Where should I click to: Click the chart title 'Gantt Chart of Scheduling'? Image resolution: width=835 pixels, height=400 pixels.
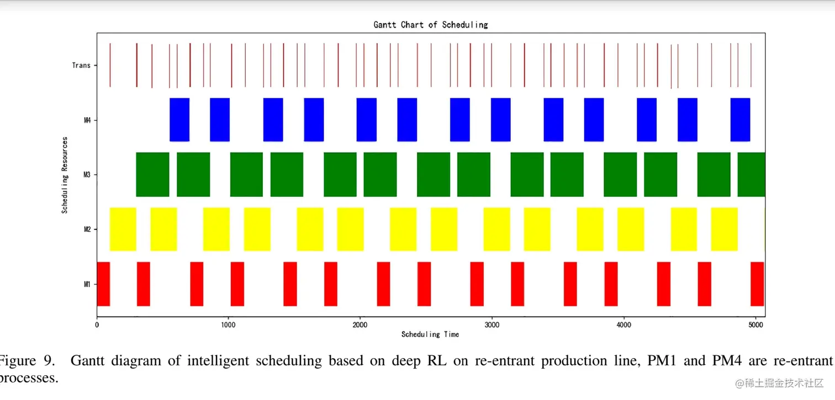[x=431, y=25]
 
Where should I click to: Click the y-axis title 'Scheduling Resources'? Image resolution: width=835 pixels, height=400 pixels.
[x=65, y=175]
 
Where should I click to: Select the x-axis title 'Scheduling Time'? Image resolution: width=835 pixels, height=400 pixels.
[x=430, y=334]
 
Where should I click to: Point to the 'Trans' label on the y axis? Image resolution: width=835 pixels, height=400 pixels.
[x=81, y=65]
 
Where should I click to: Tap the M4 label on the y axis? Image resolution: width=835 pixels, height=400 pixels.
[x=87, y=120]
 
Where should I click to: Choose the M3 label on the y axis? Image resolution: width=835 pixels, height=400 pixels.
[x=87, y=175]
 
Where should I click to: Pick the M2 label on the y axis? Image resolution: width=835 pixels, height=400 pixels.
[x=87, y=229]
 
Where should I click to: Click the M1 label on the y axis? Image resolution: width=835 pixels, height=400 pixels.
[x=87, y=284]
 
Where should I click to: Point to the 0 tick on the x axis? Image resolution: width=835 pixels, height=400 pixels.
[x=97, y=325]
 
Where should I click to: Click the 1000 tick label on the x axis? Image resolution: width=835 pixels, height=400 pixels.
[x=228, y=325]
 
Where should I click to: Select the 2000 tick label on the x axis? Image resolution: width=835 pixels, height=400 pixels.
[x=360, y=325]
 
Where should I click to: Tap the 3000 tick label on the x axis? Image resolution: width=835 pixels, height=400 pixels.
[x=491, y=325]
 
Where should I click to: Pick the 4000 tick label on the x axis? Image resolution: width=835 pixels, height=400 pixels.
[x=623, y=325]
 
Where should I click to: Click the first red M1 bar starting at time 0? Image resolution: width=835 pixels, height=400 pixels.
[x=103, y=284]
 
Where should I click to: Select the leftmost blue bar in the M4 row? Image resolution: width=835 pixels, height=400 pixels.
[x=179, y=120]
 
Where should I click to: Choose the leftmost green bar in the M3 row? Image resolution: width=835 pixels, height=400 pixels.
[x=152, y=175]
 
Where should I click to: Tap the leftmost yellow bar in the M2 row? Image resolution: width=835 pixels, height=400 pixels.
[x=123, y=229]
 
